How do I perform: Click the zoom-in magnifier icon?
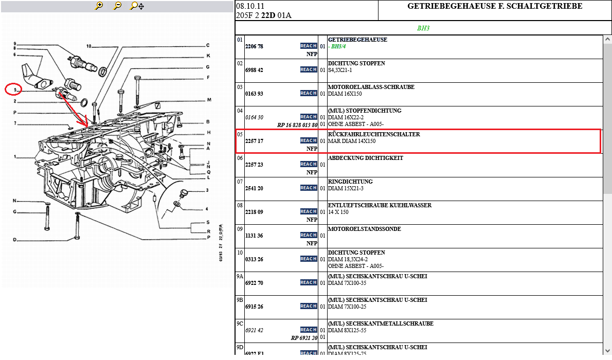pos(99,6)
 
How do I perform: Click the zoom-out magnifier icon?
pos(117,6)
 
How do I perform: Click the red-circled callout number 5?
pos(15,90)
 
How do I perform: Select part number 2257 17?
pos(254,141)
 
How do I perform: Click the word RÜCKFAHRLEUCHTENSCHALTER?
pos(374,134)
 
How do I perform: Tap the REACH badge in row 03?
pos(309,93)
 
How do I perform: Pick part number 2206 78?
pos(254,46)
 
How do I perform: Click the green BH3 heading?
pos(423,28)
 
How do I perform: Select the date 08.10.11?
pos(250,6)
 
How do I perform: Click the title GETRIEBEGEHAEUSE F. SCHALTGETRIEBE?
pos(495,6)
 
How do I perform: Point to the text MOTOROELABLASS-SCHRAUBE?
pos(371,87)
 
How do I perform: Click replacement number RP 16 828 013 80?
pos(297,125)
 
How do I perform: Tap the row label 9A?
pos(240,277)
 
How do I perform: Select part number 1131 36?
pos(254,236)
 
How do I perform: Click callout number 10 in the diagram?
pos(89,46)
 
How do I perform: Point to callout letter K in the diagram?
pos(208,56)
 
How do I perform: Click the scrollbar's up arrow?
pos(607,39)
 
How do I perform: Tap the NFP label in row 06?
pos(312,172)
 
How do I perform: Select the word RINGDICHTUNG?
pos(350,182)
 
